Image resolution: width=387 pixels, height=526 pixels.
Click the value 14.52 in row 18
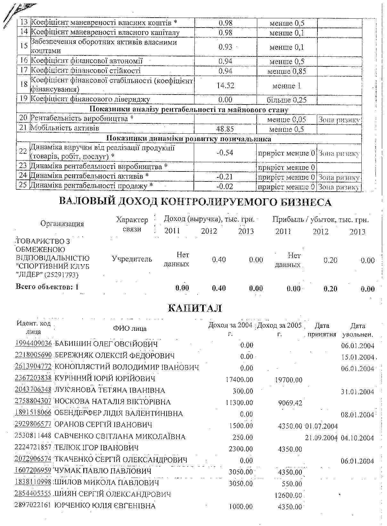[x=226, y=86]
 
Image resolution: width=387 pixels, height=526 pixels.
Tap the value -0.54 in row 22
[x=225, y=153]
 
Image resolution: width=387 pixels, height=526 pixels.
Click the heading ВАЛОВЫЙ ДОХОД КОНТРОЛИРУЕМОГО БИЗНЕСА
[x=195, y=202]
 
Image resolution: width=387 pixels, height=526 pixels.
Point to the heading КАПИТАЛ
[x=195, y=308]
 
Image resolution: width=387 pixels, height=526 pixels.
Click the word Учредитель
[x=132, y=259]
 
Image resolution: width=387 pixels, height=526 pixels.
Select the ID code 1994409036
[x=33, y=344]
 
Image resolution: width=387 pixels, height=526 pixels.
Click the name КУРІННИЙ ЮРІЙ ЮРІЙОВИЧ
[x=105, y=379]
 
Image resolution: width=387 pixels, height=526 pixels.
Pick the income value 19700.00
[x=288, y=380]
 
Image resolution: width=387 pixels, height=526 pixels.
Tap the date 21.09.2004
[x=321, y=438]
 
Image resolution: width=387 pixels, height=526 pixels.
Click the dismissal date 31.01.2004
[x=358, y=392]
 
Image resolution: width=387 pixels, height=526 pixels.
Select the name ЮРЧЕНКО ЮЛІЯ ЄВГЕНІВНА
[x=105, y=506]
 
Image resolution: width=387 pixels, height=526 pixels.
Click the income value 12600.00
[x=288, y=496]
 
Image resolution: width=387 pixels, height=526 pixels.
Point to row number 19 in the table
[x=23, y=99]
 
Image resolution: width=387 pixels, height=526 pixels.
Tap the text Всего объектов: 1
[x=47, y=287]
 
